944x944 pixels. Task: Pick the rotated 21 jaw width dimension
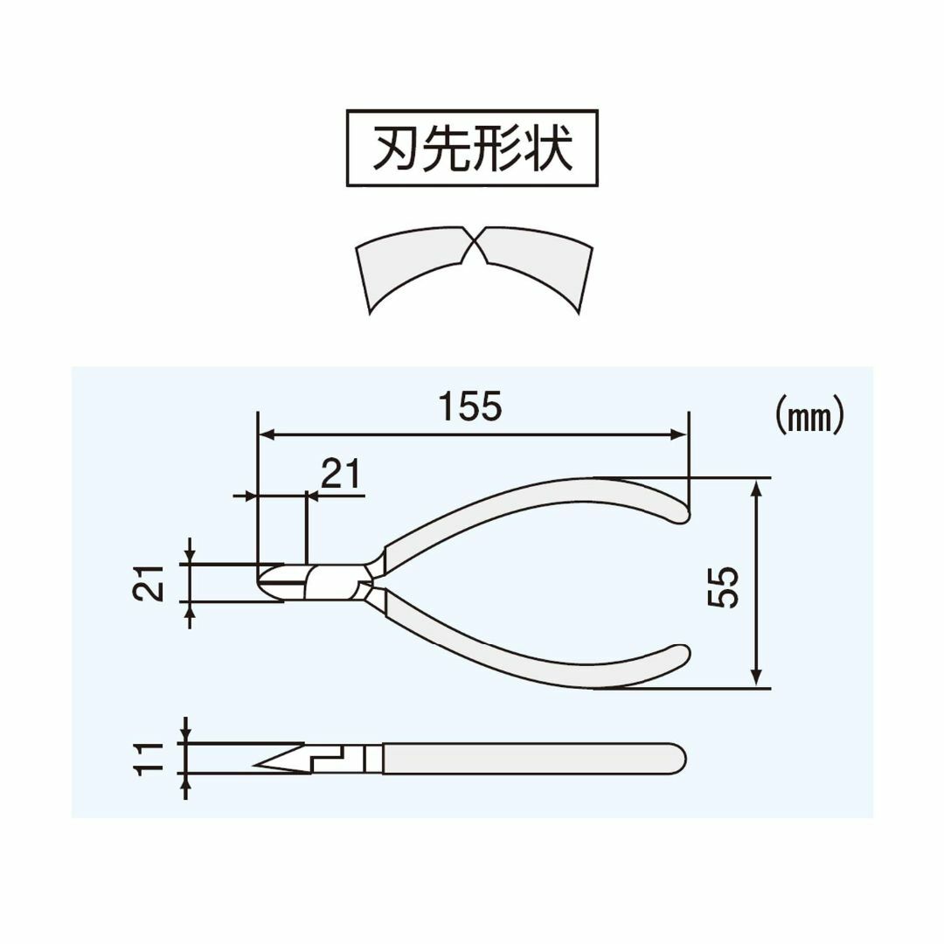148,583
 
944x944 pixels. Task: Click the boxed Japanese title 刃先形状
473,148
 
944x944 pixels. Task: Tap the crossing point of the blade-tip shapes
475,246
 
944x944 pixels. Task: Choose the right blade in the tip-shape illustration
535,267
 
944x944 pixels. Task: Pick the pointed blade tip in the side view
259,765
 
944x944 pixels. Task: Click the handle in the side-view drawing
533,759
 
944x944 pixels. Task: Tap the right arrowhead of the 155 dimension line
679,434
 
